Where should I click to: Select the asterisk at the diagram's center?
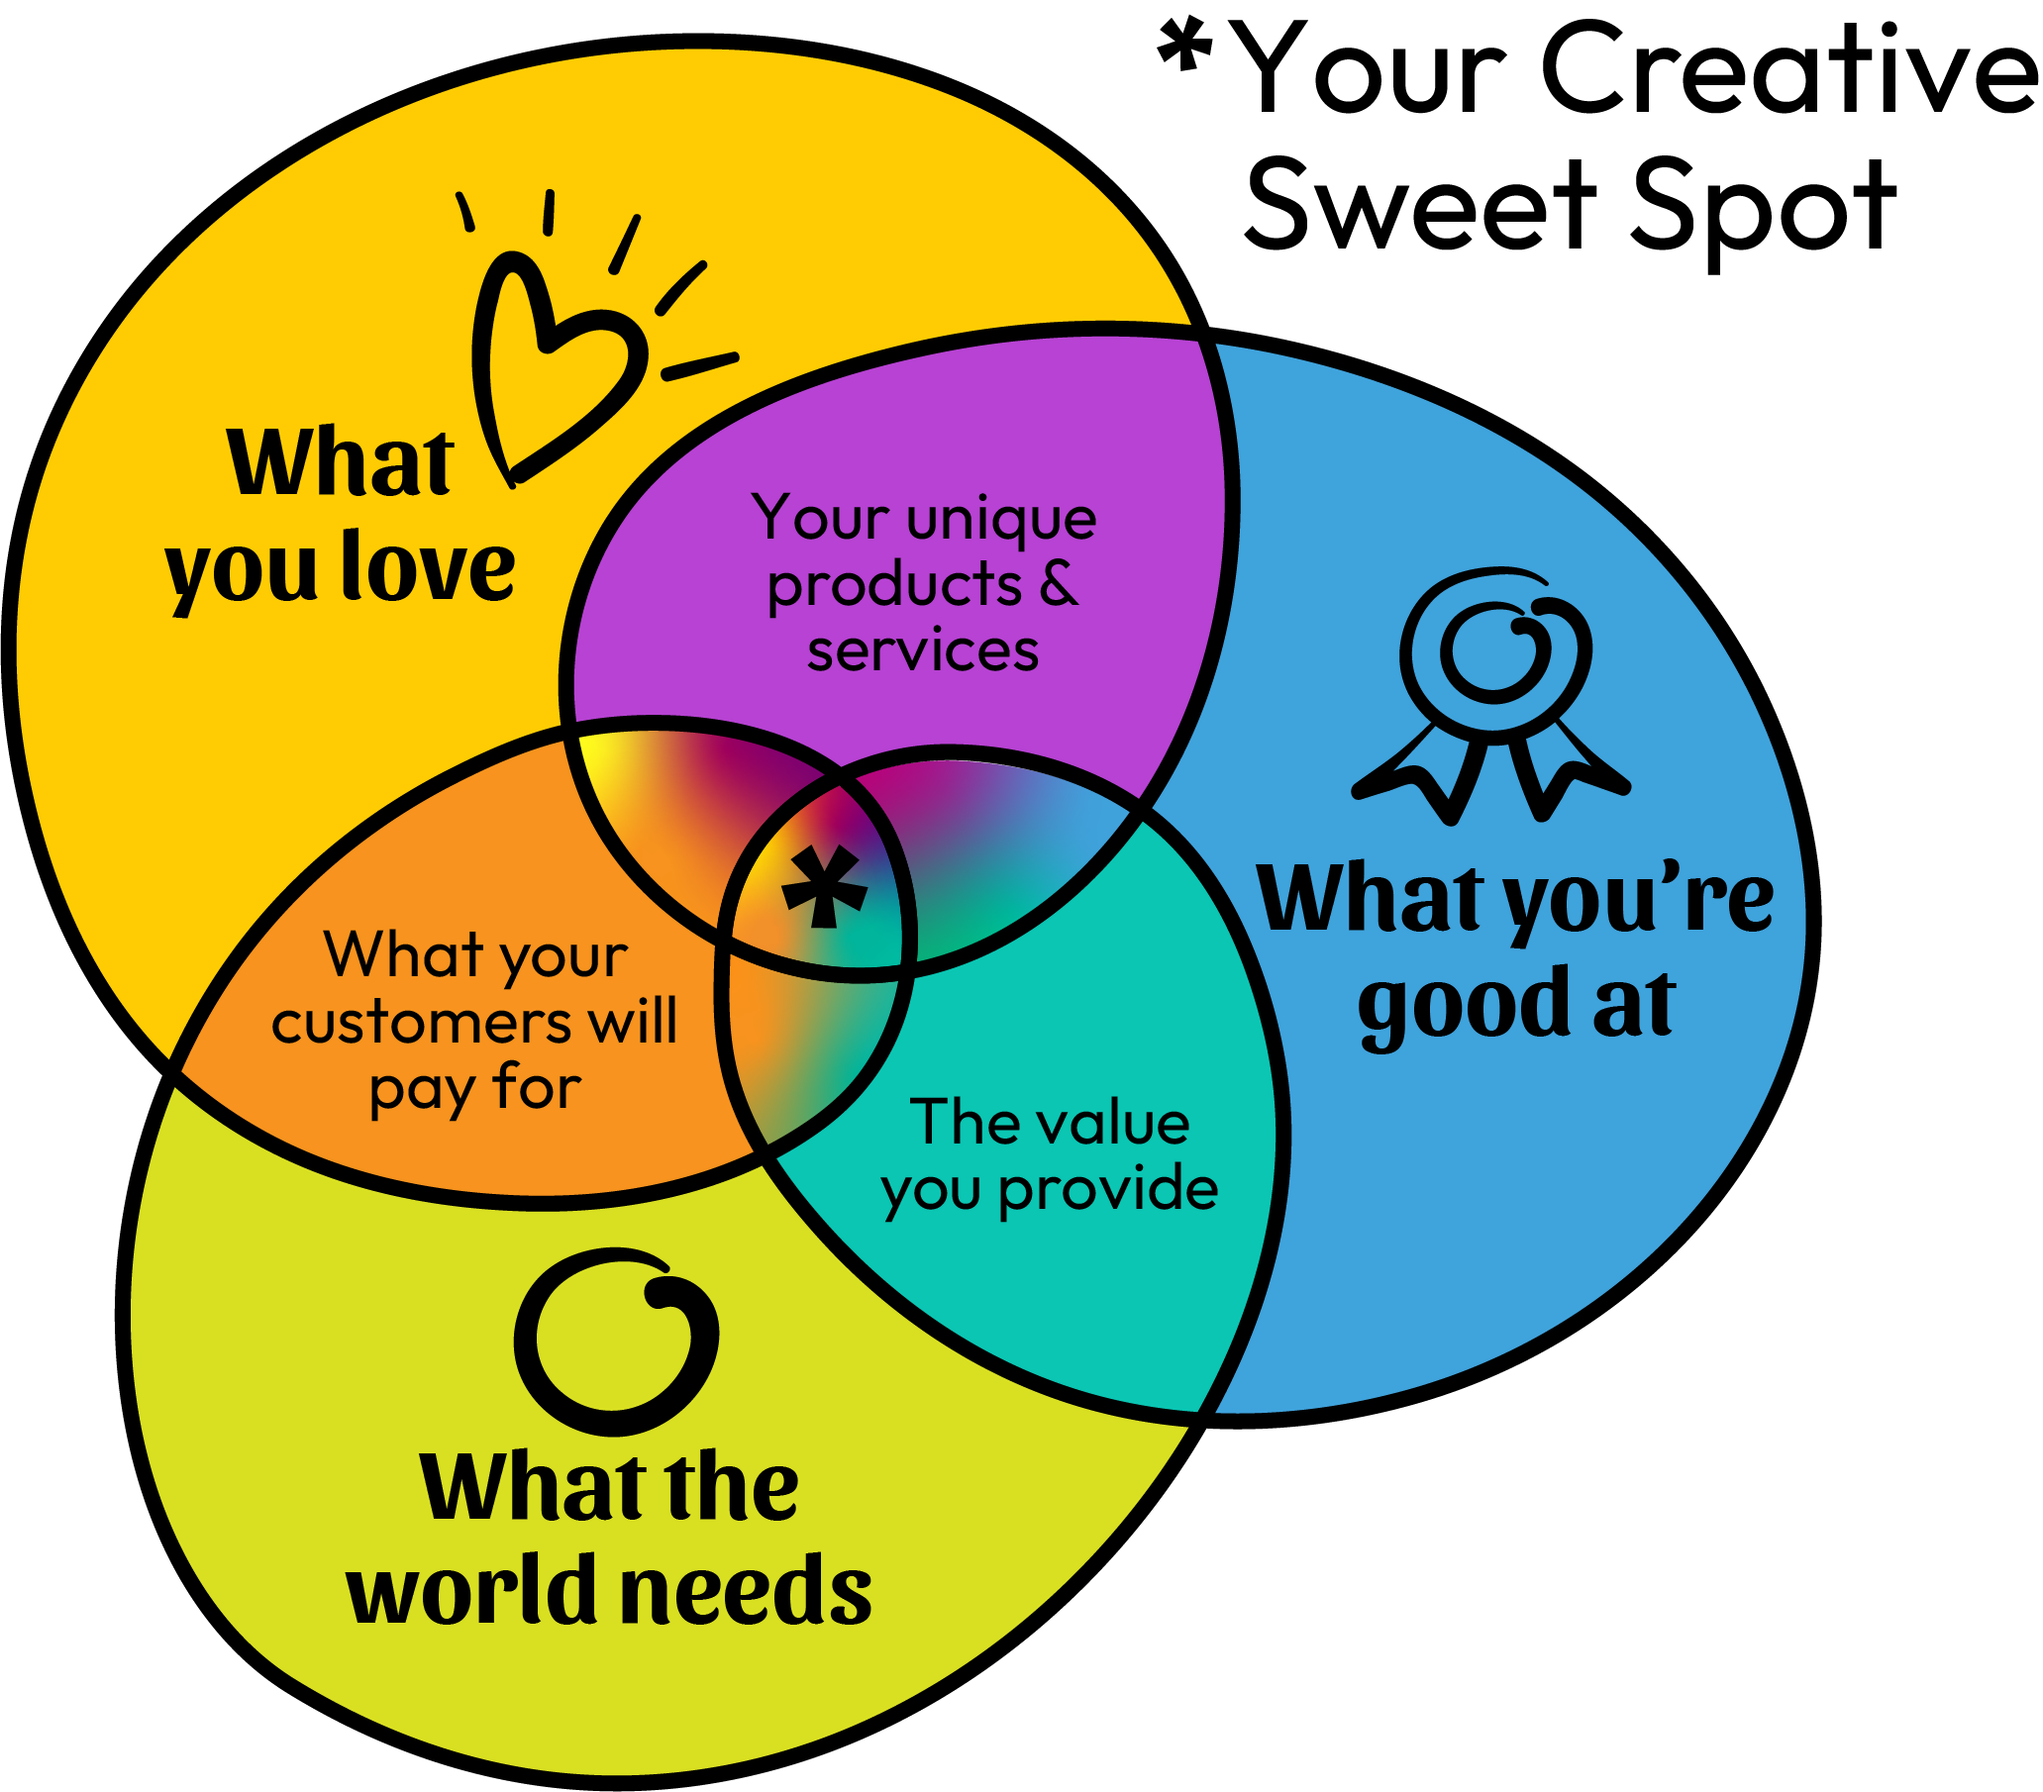[x=824, y=885]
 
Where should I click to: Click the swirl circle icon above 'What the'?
[x=616, y=1340]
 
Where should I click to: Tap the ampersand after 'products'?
[x=1059, y=584]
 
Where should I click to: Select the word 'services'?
[x=923, y=650]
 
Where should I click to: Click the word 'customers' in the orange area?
[x=419, y=1023]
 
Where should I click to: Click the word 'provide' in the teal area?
[x=1108, y=1189]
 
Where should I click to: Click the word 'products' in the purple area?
[x=893, y=586]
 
